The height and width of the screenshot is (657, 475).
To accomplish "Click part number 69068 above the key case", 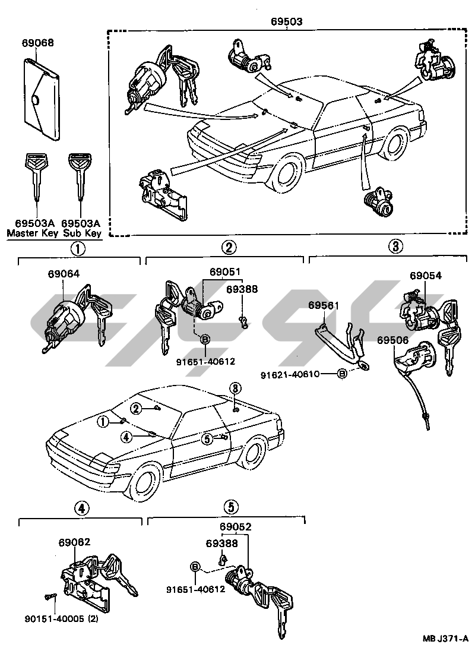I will pyautogui.click(x=38, y=43).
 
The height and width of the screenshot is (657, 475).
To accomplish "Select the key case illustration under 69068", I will pyautogui.click(x=42, y=99).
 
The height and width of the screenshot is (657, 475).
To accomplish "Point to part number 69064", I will pyautogui.click(x=64, y=274).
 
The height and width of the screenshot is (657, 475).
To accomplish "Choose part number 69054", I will pyautogui.click(x=426, y=276).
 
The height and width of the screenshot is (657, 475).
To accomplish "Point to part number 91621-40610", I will pyautogui.click(x=297, y=374).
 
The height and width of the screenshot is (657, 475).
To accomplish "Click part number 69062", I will pyautogui.click(x=74, y=542).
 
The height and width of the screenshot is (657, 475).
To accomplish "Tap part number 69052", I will pyautogui.click(x=235, y=527).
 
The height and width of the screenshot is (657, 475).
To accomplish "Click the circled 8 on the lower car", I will pyautogui.click(x=236, y=387).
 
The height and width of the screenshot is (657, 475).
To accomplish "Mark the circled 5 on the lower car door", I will pyautogui.click(x=207, y=439).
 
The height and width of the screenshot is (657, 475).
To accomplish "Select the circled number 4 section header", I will pyautogui.click(x=82, y=507).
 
